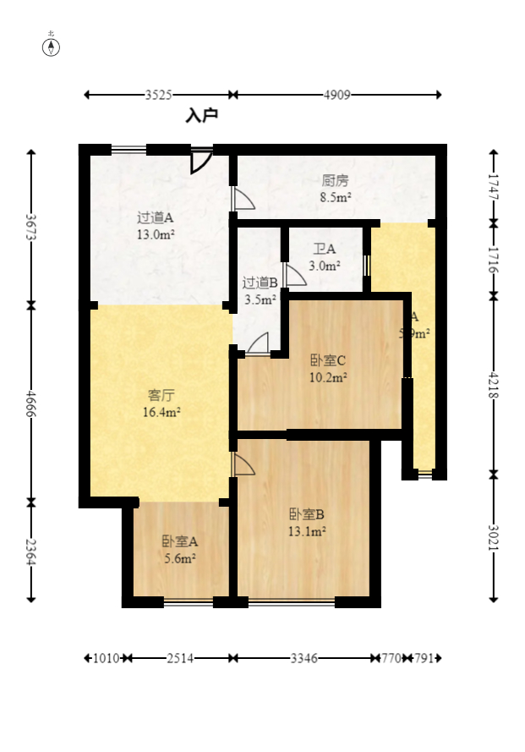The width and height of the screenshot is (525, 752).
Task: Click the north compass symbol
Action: pyautogui.click(x=52, y=47)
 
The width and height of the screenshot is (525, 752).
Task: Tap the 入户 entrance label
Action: pyautogui.click(x=202, y=115)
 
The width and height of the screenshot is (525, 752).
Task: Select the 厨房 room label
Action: pyautogui.click(x=336, y=181)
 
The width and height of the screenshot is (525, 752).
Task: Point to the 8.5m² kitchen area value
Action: pyautogui.click(x=336, y=198)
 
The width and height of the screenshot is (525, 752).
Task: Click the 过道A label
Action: pyautogui.click(x=156, y=217)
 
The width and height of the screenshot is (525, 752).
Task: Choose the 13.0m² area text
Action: pyautogui.click(x=156, y=234)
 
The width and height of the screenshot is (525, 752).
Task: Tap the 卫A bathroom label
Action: pyautogui.click(x=325, y=250)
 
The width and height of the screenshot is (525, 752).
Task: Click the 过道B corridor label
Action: pyautogui.click(x=260, y=283)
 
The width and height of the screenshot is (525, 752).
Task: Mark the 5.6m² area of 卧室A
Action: pyautogui.click(x=180, y=558)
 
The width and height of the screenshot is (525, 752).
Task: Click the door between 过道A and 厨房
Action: pyautogui.click(x=243, y=199)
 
